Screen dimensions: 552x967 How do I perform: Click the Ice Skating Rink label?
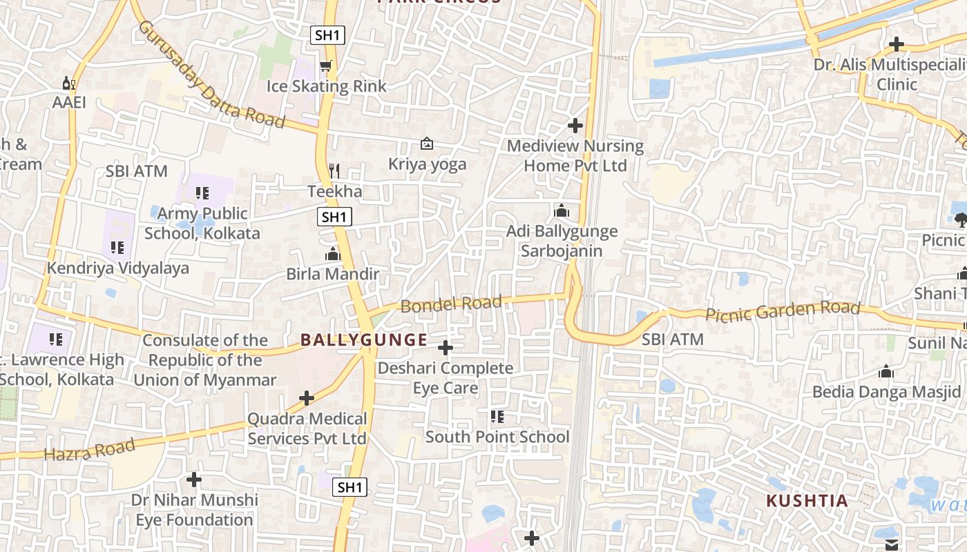click(x=327, y=86)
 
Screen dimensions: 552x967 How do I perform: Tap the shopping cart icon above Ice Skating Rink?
click(x=326, y=66)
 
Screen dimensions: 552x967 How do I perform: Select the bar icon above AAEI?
click(x=69, y=83)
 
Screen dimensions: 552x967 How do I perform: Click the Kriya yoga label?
click(x=427, y=164)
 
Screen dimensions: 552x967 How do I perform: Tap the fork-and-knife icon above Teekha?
click(x=334, y=170)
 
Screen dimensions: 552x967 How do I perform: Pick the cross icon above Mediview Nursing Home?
click(x=575, y=126)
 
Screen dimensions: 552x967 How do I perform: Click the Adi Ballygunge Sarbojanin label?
click(x=562, y=241)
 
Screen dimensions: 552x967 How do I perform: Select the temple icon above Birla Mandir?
click(x=333, y=254)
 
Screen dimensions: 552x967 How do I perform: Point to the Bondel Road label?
click(x=451, y=304)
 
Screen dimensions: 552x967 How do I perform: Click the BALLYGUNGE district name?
click(x=364, y=339)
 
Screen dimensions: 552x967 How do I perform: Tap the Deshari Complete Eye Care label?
click(x=446, y=378)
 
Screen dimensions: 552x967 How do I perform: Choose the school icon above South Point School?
click(x=497, y=417)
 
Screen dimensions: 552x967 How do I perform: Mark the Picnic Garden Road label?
click(x=783, y=311)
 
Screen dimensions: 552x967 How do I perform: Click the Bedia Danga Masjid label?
click(x=886, y=392)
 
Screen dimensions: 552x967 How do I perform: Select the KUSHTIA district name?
click(x=807, y=501)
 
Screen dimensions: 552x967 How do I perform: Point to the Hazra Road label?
click(x=89, y=451)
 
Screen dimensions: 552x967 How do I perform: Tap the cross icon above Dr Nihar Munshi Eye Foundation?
click(x=194, y=479)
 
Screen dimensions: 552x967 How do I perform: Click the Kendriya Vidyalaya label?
click(x=117, y=268)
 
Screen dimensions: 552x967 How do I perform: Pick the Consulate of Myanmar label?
click(x=204, y=360)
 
